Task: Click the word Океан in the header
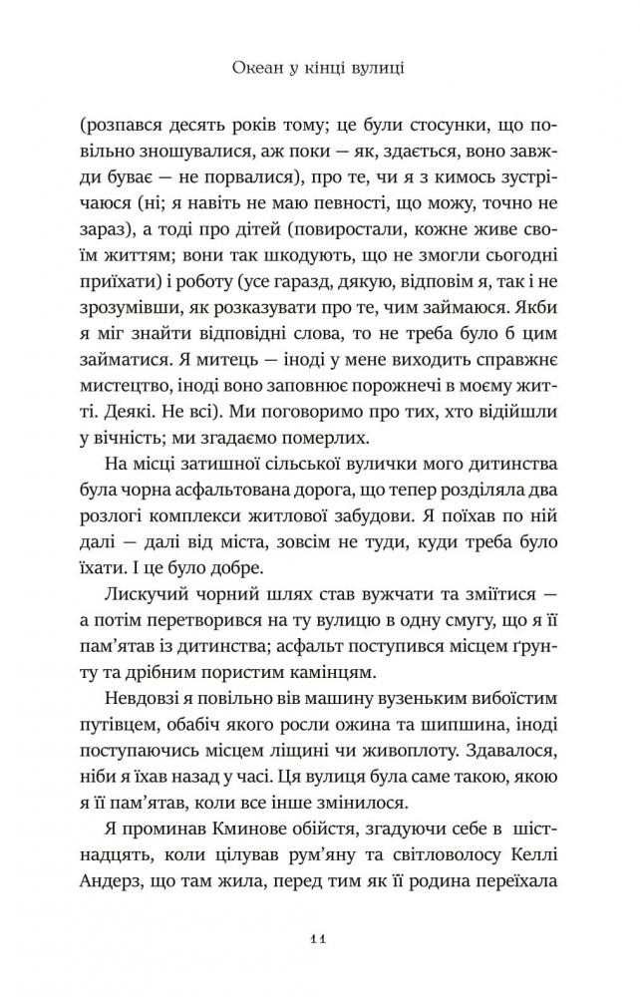tap(238, 71)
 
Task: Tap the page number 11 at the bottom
tap(319, 937)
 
